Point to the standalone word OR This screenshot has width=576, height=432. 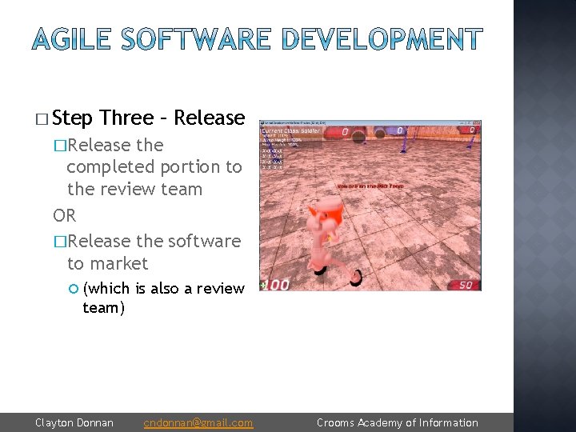click(64, 216)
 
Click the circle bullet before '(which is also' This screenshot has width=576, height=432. click(72, 288)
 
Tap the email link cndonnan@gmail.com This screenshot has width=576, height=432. click(198, 422)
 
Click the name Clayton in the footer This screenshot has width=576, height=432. click(55, 422)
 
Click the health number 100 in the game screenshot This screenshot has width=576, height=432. click(276, 284)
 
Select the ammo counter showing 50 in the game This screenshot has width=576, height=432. click(466, 285)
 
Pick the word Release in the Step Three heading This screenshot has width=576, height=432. click(209, 118)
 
